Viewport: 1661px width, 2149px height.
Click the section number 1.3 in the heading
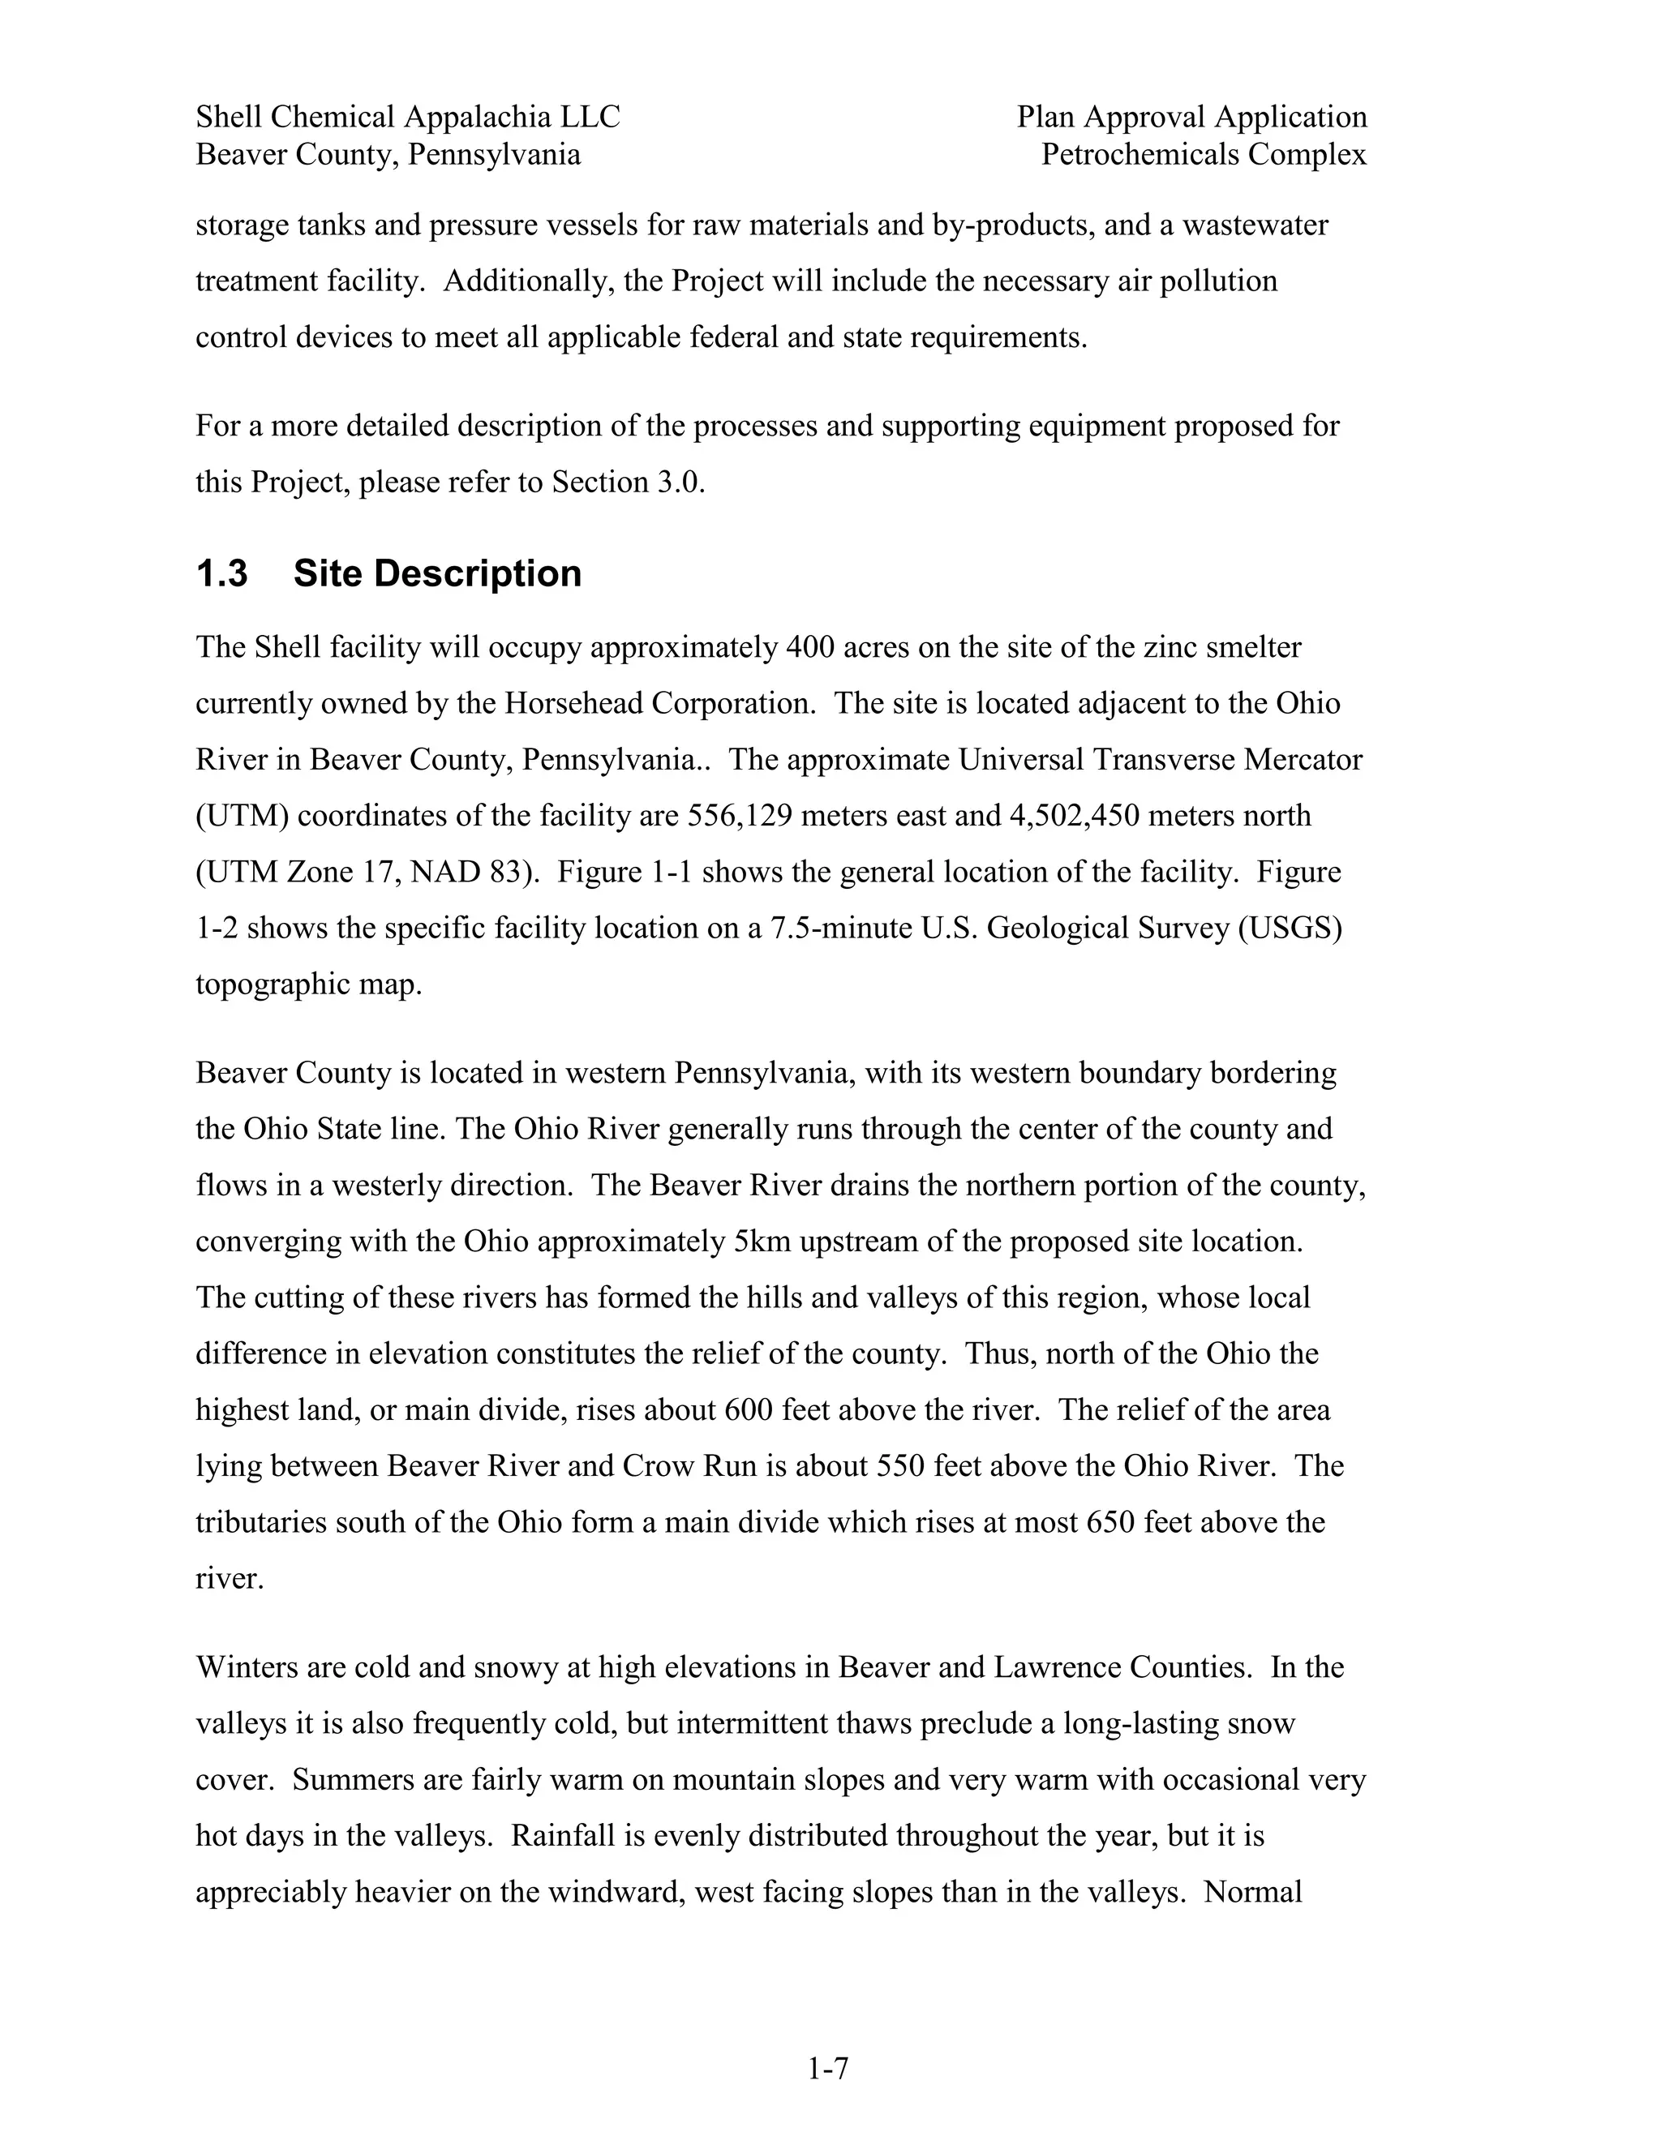click(221, 573)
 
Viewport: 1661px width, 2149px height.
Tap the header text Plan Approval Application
click(1191, 117)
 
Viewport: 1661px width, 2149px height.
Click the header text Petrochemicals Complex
click(1204, 154)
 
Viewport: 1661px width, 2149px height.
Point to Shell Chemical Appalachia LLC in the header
click(407, 117)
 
